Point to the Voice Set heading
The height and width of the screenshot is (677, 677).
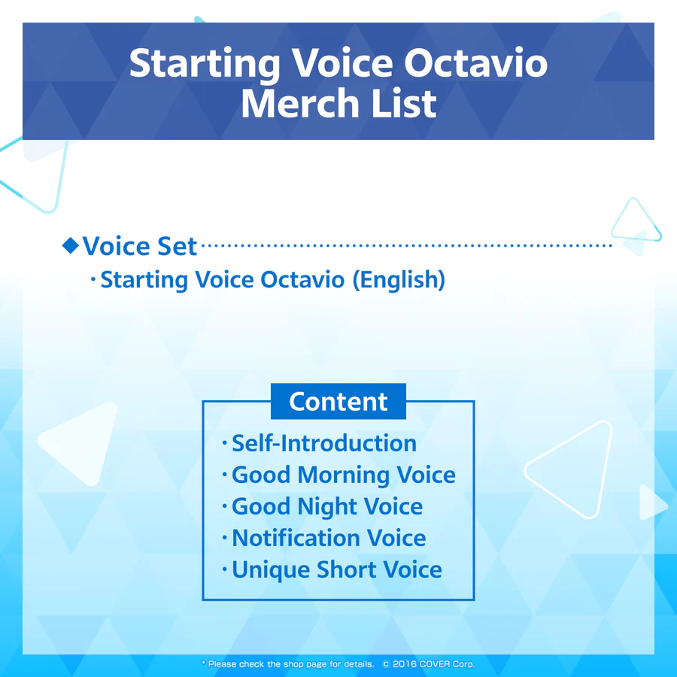coord(139,246)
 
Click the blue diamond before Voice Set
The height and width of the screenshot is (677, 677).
coord(71,244)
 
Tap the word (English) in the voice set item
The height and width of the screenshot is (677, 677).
coord(399,280)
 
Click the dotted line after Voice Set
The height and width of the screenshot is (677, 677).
coord(406,246)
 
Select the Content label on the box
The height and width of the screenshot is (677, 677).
coord(338,402)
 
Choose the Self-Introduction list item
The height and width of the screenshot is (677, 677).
coord(323,443)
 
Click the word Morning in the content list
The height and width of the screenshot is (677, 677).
coord(344,475)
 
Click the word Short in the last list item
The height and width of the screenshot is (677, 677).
coord(345,570)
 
